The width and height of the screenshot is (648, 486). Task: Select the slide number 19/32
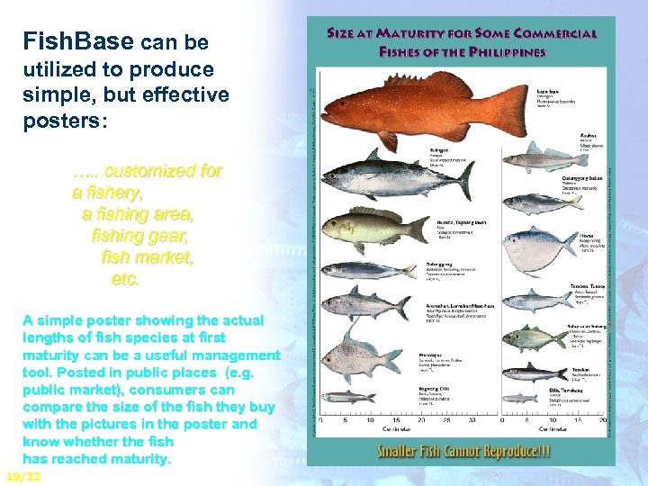22,476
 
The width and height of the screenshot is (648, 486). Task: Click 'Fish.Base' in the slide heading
78,41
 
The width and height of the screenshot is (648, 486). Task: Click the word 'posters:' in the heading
66,121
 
